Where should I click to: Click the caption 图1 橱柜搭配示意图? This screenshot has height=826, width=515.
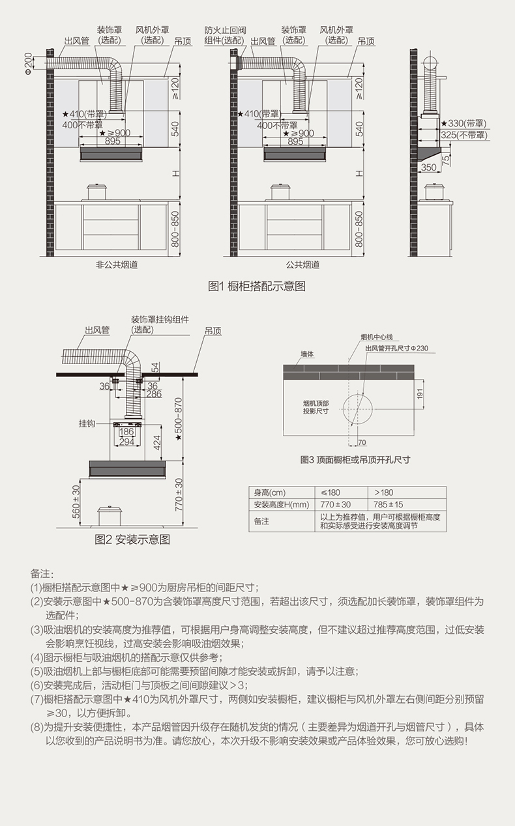[x=256, y=286]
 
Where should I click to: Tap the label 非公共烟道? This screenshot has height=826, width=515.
[x=117, y=265]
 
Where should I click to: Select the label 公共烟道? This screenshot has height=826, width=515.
[x=302, y=265]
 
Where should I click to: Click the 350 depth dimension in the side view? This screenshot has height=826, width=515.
[x=428, y=167]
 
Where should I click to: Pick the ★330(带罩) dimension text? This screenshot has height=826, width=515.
[x=463, y=123]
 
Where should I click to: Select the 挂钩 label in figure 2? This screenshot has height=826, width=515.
[x=87, y=423]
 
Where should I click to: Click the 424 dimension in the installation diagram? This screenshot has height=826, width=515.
[x=157, y=443]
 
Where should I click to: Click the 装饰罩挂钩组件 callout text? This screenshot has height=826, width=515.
[x=160, y=319]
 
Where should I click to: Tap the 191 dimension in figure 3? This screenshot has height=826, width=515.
[x=421, y=393]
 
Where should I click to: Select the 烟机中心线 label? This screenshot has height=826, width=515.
[x=377, y=337]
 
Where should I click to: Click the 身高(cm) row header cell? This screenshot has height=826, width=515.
[x=269, y=492]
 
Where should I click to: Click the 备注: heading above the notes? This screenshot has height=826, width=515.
[x=40, y=573]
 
